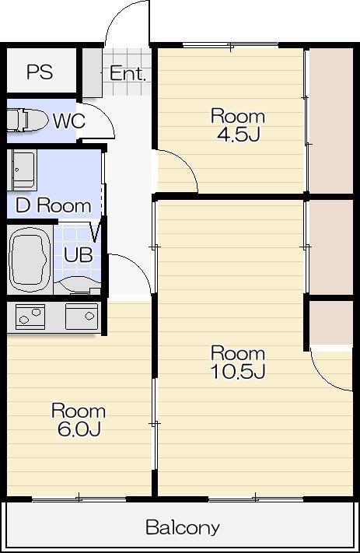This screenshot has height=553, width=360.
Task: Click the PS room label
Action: point(40,72)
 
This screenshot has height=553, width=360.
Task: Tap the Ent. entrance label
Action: point(128,73)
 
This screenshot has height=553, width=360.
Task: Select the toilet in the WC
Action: point(27,121)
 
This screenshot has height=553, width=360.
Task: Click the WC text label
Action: point(69,121)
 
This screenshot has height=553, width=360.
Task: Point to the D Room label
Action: point(54,205)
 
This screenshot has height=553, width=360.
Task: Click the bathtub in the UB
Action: point(29,258)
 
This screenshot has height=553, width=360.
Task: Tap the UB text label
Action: point(79,254)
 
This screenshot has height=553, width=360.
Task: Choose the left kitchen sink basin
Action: point(30,317)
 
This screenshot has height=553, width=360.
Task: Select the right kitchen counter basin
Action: point(82,317)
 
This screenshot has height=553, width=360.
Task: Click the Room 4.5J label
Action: point(238,125)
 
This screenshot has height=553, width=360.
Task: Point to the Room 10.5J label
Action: point(238,362)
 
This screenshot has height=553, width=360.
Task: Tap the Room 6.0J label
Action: point(79,420)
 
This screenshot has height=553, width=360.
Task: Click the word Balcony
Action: point(183,527)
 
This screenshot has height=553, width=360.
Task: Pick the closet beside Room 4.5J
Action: point(331,121)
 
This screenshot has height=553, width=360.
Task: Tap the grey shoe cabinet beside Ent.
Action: point(93,73)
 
